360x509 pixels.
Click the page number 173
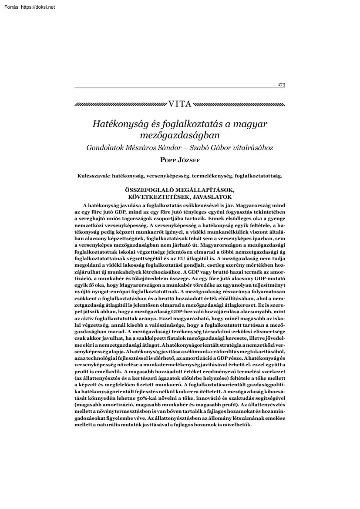click(282, 84)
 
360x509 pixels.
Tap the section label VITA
click(179, 105)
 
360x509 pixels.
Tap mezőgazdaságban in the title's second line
click(180, 136)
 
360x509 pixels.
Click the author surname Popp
click(168, 160)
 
